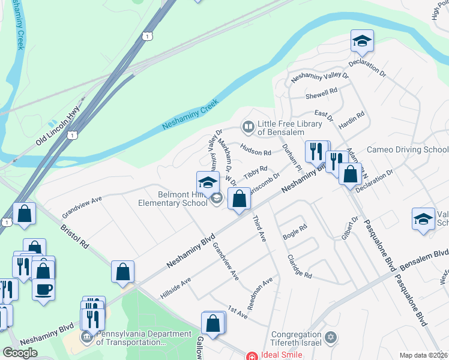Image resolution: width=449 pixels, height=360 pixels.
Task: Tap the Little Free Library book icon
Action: [247, 127]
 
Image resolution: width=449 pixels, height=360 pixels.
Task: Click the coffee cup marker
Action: [44, 290]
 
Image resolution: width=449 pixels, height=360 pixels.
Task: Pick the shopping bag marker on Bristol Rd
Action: [122, 272]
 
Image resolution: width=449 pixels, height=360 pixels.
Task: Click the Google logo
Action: [20, 353]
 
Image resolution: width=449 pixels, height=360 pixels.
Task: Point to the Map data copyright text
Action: [424, 355]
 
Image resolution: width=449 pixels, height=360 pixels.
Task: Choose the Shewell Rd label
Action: [322, 94]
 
